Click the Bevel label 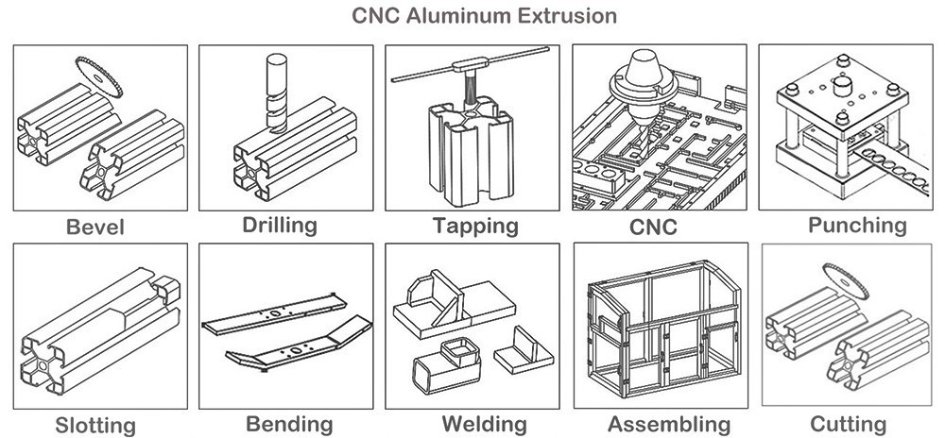95,227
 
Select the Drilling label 279,225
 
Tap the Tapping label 475,226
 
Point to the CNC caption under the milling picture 653,227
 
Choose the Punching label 857,225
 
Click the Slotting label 94,425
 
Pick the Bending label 289,424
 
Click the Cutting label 847,424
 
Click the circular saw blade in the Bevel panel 100,76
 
